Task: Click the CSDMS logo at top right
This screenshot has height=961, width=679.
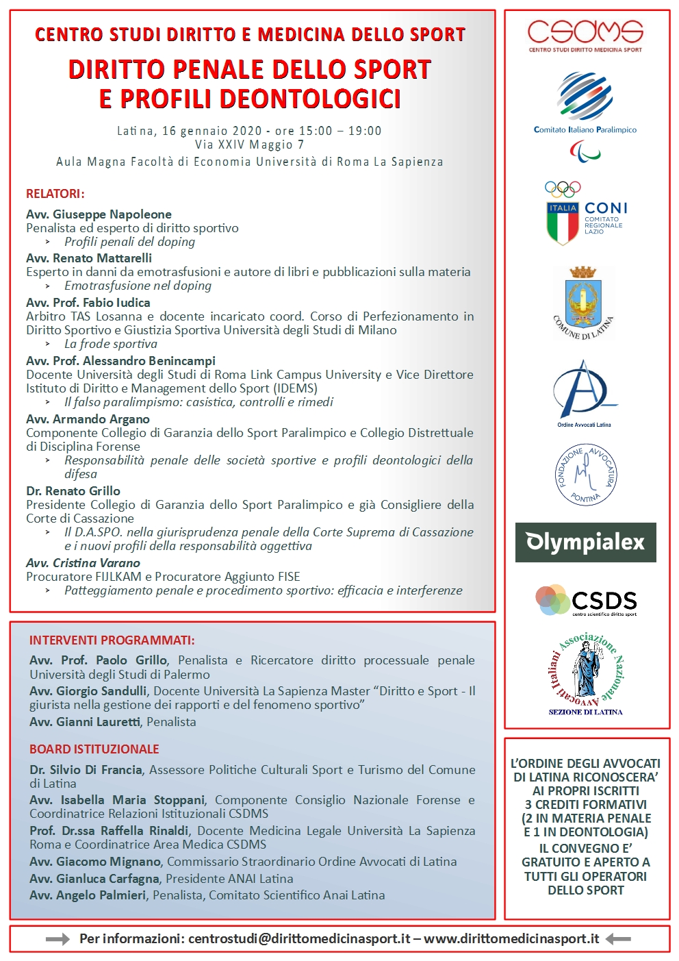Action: [x=585, y=35]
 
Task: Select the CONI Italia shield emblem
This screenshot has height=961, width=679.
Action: [x=563, y=223]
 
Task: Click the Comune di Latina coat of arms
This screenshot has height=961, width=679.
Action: [x=584, y=302]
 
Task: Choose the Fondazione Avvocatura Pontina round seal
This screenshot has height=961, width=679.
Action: [x=585, y=474]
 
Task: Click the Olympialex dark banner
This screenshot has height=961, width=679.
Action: [x=585, y=542]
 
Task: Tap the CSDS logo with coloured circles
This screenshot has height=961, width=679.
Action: [x=585, y=601]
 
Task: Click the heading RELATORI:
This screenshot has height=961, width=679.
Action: [x=55, y=194]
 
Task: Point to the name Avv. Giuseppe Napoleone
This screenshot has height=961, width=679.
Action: [x=99, y=214]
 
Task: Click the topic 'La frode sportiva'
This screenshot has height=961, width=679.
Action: [x=111, y=344]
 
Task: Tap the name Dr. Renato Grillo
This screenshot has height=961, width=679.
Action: [x=73, y=491]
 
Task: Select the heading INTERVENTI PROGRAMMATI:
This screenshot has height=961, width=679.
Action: [x=112, y=640]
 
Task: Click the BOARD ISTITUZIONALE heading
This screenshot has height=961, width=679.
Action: [x=94, y=749]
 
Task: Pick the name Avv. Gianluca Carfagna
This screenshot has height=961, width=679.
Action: [x=94, y=878]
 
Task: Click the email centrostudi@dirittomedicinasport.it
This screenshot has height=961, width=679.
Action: [x=299, y=938]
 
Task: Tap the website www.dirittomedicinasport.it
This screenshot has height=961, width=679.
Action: [x=511, y=938]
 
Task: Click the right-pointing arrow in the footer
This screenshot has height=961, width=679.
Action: [x=57, y=939]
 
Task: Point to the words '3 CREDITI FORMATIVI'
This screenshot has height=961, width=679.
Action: [x=585, y=804]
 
